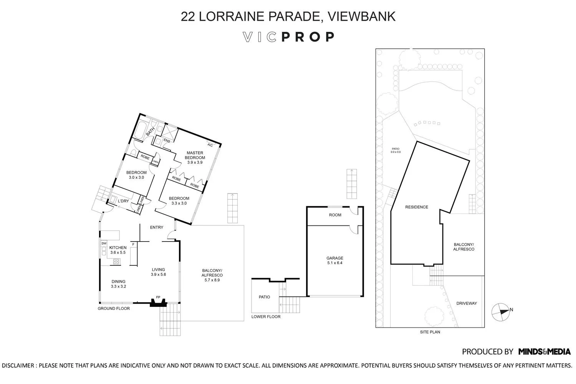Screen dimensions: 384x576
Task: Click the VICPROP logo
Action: (289, 37)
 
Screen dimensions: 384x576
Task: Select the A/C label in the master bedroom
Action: (210, 145)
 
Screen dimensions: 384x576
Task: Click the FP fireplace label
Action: (158, 298)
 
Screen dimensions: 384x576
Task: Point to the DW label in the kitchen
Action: (104, 243)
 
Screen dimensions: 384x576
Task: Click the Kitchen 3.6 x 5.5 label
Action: (118, 250)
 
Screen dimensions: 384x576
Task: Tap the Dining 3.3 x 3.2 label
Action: (118, 284)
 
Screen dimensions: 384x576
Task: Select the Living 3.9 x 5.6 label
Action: (158, 272)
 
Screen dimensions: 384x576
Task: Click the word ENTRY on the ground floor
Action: (157, 227)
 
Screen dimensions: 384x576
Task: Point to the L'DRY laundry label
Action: (123, 201)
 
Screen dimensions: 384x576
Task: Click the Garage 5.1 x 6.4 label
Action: (334, 260)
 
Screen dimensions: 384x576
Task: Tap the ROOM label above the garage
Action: (335, 215)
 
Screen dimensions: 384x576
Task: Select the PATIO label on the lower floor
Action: (264, 297)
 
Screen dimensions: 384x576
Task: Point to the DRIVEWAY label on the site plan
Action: (467, 303)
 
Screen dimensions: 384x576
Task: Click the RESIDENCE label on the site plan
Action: (417, 207)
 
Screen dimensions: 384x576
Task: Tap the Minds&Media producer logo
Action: (544, 351)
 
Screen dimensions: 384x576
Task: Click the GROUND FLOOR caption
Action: (114, 308)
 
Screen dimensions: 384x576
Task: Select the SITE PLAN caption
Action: (430, 332)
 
